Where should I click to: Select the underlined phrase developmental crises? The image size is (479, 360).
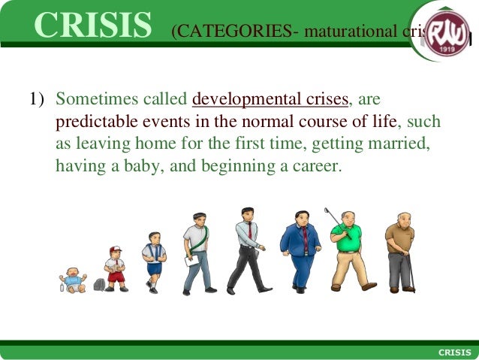point(270,99)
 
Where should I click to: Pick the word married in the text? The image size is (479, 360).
point(401,144)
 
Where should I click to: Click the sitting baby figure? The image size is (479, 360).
point(73,279)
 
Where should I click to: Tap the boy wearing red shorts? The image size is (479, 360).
point(115,268)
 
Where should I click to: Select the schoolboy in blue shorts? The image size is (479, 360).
point(154,262)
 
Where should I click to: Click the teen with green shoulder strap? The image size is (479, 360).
point(198,252)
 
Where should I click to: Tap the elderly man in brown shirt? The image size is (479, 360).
point(399,252)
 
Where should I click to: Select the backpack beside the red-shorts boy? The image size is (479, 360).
point(99,285)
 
